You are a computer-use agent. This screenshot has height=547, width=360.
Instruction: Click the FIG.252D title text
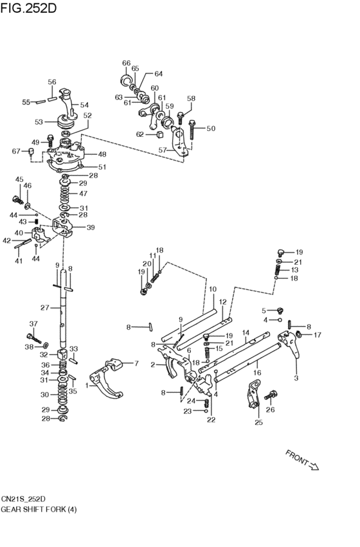point(28,8)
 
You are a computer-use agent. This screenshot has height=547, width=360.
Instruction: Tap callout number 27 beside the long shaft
point(45,308)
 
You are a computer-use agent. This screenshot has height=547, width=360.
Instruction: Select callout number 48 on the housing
point(102,154)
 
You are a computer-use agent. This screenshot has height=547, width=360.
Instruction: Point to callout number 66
point(126,63)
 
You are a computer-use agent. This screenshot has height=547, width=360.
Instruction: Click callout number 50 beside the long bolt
point(211,129)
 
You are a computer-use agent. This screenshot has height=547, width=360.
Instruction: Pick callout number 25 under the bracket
point(258,423)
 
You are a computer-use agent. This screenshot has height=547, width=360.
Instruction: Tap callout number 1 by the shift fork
point(87,386)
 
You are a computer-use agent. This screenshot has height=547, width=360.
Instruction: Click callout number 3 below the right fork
point(296,378)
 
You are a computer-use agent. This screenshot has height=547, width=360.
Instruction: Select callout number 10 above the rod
point(213,289)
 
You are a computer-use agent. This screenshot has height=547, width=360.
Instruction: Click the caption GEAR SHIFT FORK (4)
point(39,510)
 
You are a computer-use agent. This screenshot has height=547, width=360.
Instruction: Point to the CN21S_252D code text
point(23,499)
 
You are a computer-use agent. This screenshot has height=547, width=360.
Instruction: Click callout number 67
point(16,151)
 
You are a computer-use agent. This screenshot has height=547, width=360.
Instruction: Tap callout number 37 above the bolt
point(33,324)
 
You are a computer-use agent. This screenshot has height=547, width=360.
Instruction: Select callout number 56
point(52,82)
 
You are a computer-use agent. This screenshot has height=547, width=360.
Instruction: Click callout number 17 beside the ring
point(317,335)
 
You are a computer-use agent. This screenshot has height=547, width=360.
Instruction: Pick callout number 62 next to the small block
point(140,134)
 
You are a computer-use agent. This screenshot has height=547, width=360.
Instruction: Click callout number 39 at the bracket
point(91,228)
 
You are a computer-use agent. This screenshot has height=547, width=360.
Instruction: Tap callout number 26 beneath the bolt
point(271,409)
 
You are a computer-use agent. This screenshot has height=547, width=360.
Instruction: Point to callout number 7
point(136,364)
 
